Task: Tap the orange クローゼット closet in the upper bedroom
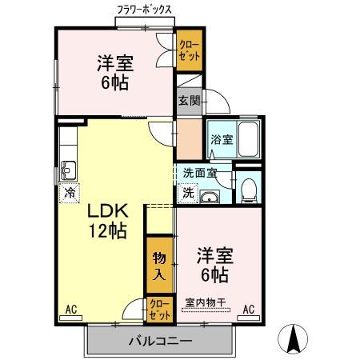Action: [x=190, y=50]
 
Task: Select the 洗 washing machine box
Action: [x=187, y=193]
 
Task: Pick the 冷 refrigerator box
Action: [x=70, y=192]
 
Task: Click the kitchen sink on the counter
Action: [x=67, y=169]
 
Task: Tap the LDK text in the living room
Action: [x=106, y=213]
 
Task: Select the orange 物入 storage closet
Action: [x=159, y=265]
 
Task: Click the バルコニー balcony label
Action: [x=160, y=341]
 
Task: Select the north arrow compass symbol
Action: [x=294, y=340]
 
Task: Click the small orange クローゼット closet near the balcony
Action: [x=158, y=309]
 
